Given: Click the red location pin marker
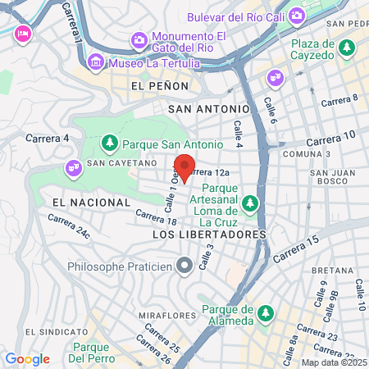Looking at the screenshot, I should [185, 166].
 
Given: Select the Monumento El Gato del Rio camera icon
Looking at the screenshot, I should [138, 39].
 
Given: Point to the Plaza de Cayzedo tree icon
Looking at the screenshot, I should [347, 48].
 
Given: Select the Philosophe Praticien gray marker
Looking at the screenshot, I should [184, 265].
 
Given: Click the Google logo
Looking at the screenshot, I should [27, 358].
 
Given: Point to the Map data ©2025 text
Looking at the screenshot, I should [335, 362].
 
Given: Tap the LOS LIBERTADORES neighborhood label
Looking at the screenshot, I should [210, 235].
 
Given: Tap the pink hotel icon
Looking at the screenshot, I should [22, 32].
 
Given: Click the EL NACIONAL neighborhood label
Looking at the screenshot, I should [90, 202].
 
